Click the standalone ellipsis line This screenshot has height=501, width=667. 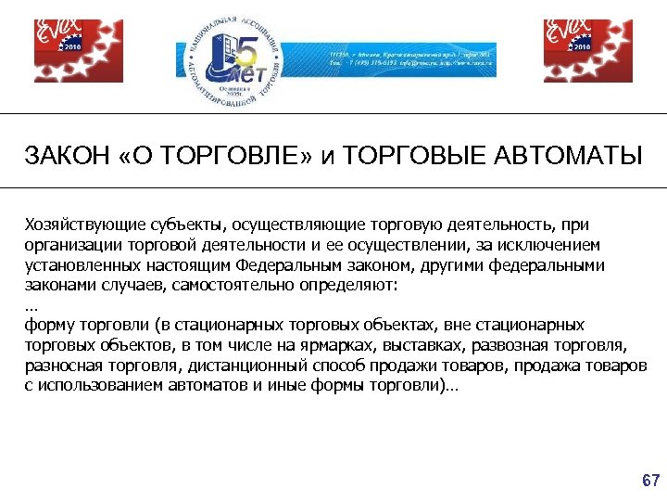click(x=31, y=304)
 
